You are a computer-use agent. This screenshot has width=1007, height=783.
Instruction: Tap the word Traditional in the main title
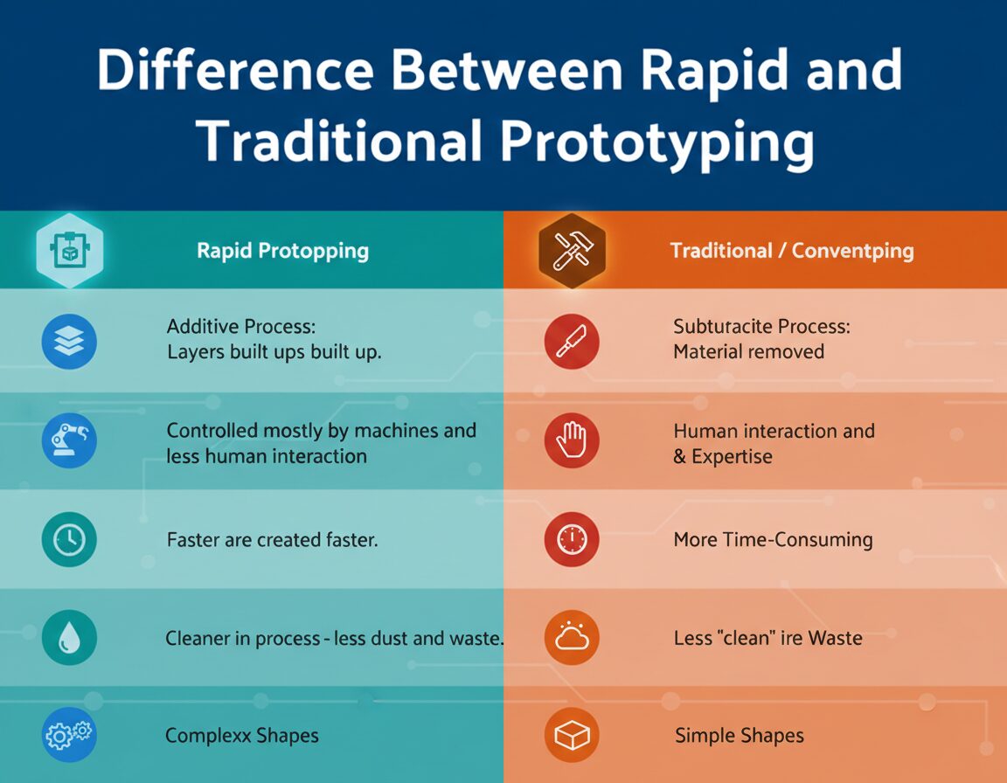(x=337, y=142)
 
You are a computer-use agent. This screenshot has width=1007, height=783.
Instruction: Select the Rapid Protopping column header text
(x=282, y=252)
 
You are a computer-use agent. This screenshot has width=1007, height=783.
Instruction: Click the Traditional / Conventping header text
(x=791, y=252)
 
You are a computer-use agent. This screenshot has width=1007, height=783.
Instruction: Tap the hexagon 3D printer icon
(x=69, y=252)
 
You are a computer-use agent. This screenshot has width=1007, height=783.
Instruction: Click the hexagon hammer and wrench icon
(x=572, y=252)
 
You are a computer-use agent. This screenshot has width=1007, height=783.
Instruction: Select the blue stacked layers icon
(x=69, y=342)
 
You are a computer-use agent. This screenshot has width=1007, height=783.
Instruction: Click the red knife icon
(x=572, y=342)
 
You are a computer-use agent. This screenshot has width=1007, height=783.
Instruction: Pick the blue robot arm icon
(x=69, y=442)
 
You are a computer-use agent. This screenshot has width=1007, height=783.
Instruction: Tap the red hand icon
(x=572, y=440)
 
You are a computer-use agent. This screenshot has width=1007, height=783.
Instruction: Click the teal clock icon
(x=69, y=540)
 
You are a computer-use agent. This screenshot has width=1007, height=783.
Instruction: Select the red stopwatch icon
(x=572, y=540)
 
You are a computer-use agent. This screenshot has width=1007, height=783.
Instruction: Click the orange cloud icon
(x=572, y=639)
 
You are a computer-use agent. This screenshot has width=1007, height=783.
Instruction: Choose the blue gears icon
(x=69, y=736)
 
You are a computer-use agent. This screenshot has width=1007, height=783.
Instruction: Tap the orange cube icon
(x=572, y=736)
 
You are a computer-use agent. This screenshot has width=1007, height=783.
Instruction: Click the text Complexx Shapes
(x=242, y=736)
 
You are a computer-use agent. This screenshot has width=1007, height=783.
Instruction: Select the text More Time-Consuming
(x=773, y=540)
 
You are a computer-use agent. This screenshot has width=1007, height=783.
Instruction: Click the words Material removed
(x=748, y=352)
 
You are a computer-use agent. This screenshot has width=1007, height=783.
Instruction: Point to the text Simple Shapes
(x=740, y=736)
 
